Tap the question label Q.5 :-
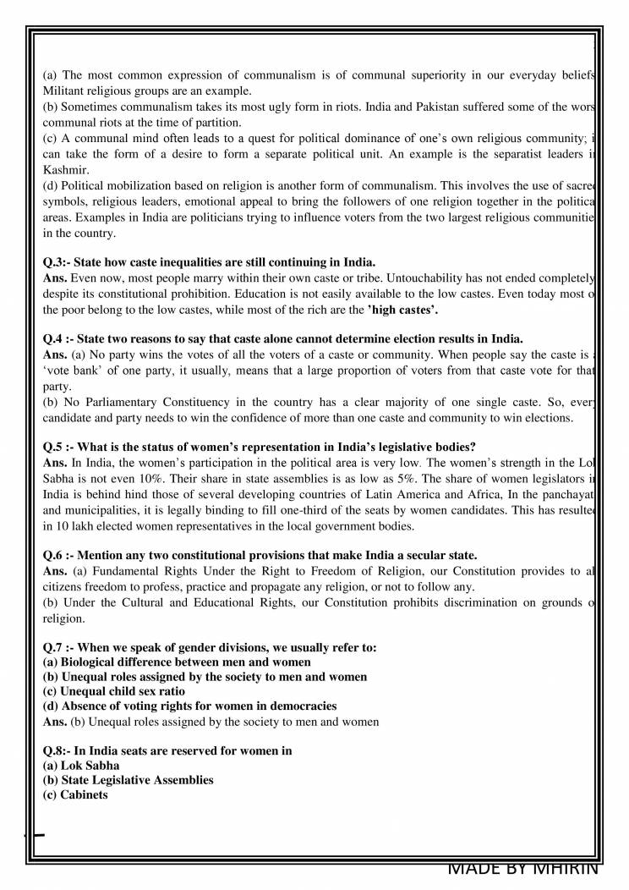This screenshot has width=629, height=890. pyautogui.click(x=59, y=448)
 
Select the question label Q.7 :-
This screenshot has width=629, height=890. pyautogui.click(x=59, y=647)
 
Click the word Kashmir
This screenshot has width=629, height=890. pyautogui.click(x=65, y=170)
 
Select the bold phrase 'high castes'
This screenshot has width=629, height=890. pyautogui.click(x=402, y=310)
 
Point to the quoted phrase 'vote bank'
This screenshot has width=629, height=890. pyautogui.click(x=73, y=354)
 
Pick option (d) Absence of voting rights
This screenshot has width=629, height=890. pyautogui.click(x=189, y=706)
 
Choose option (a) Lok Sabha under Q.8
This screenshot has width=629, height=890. pyautogui.click(x=81, y=765)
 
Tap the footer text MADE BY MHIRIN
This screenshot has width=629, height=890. pyautogui.click(x=522, y=868)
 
